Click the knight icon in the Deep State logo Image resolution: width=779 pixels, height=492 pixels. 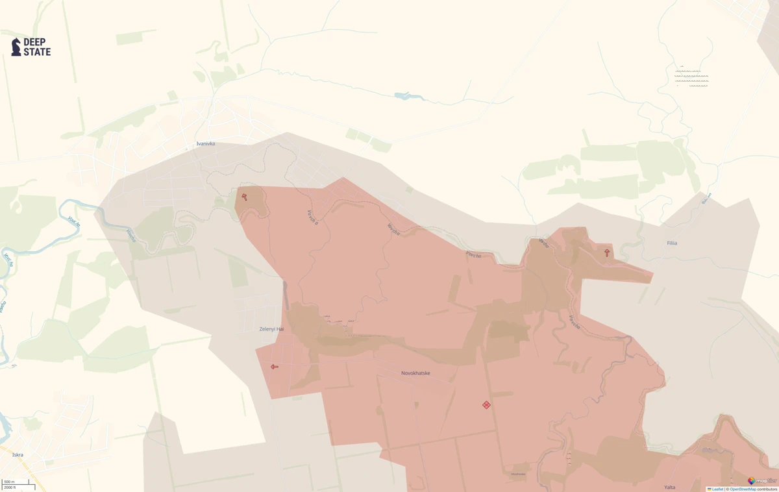click(x=16, y=47)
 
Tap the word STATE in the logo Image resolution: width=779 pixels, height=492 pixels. click(x=37, y=52)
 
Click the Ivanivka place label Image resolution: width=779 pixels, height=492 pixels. click(x=205, y=143)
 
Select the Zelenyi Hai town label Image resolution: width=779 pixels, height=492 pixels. click(x=271, y=329)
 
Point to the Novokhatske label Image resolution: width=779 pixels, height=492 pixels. click(x=415, y=373)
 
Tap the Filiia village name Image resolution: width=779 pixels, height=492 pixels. click(x=672, y=243)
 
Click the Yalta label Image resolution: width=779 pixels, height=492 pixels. click(x=669, y=487)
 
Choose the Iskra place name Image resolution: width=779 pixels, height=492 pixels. click(x=18, y=455)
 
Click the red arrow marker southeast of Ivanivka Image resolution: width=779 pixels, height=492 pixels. click(x=244, y=197)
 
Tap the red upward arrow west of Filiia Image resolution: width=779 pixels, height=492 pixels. click(x=607, y=252)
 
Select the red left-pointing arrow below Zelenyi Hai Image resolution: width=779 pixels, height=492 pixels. click(x=275, y=367)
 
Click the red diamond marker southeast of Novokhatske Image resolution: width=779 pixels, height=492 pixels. click(x=486, y=405)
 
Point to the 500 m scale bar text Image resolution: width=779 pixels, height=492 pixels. click(x=9, y=482)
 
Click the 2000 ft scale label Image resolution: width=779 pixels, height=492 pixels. click(x=10, y=487)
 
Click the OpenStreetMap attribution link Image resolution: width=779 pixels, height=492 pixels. click(x=742, y=489)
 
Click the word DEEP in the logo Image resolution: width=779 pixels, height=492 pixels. click(x=34, y=42)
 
